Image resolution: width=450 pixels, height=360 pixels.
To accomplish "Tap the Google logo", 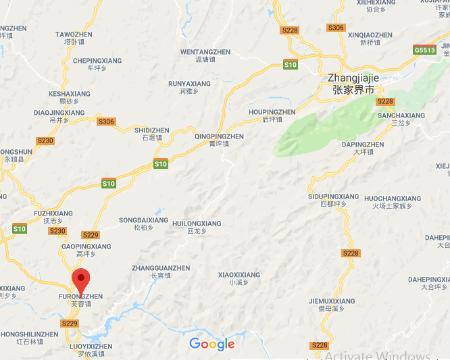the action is pyautogui.click(x=211, y=344).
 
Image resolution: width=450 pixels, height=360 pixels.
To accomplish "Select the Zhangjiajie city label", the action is pyautogui.click(x=353, y=78).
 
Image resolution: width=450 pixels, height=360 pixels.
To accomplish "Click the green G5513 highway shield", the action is pyautogui.click(x=424, y=50).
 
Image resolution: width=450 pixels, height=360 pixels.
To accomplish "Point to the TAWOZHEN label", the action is pyautogui.click(x=74, y=34).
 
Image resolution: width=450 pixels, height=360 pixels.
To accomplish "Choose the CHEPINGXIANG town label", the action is pyautogui.click(x=97, y=61).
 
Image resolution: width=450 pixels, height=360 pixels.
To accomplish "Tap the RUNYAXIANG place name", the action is pyautogui.click(x=189, y=84).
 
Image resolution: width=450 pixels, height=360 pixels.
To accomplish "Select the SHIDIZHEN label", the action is pyautogui.click(x=152, y=130).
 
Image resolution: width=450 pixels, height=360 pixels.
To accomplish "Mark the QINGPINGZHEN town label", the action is pyautogui.click(x=219, y=136).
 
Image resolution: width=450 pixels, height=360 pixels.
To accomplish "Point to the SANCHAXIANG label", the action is pyautogui.click(x=401, y=115).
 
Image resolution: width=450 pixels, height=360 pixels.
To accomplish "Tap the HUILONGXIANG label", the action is pyautogui.click(x=197, y=224).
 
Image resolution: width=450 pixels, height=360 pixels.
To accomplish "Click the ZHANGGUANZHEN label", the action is pyautogui.click(x=161, y=268).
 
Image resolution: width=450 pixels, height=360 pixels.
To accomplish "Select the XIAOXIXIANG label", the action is pyautogui.click(x=239, y=276).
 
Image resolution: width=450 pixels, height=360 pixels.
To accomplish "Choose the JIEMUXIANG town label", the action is pyautogui.click(x=332, y=301).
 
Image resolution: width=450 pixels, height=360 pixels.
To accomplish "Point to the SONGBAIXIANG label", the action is pyautogui.click(x=143, y=220).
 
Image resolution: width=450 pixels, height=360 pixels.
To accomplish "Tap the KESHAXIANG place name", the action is pyautogui.click(x=65, y=94).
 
